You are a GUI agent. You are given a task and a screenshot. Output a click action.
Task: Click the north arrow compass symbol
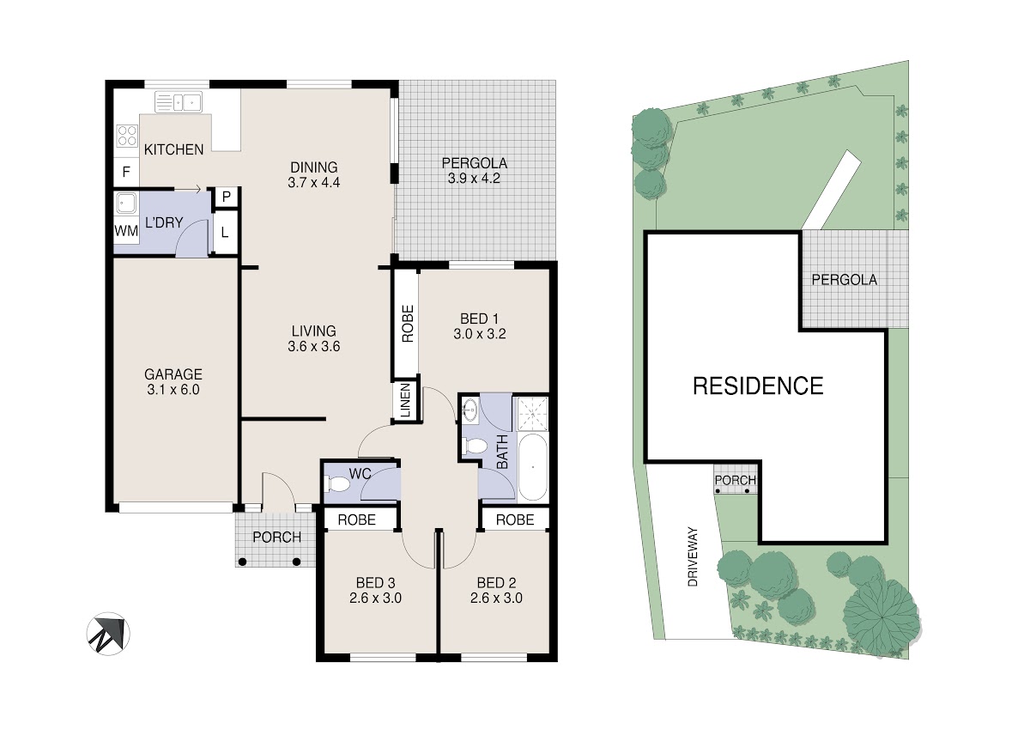(108, 634)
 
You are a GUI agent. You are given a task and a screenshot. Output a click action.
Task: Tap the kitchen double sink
(179, 101)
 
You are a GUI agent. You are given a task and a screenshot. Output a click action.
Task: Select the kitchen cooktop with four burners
(127, 137)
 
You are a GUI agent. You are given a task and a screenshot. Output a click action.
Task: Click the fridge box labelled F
(126, 172)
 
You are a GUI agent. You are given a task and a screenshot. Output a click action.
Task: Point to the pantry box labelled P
(227, 197)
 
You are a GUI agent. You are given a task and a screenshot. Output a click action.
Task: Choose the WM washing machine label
(126, 230)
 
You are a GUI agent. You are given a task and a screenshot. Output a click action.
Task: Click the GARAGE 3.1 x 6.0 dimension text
(173, 390)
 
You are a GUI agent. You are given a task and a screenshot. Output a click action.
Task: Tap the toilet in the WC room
(338, 484)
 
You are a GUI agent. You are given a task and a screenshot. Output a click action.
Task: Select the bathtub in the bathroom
(532, 467)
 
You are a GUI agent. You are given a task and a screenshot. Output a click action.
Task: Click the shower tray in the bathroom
(532, 414)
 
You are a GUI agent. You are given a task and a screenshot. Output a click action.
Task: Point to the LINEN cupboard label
(405, 401)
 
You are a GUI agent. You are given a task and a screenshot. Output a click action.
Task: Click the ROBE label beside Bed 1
(408, 324)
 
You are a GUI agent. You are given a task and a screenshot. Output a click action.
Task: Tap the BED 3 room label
(375, 583)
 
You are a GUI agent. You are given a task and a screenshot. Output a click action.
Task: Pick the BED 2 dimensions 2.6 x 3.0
(496, 598)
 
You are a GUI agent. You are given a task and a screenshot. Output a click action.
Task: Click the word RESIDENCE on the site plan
(758, 386)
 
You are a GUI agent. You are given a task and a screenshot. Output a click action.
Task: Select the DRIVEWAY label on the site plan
(693, 556)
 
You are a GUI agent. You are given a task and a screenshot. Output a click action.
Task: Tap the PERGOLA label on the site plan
(845, 280)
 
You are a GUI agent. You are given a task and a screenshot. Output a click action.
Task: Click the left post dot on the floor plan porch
(242, 562)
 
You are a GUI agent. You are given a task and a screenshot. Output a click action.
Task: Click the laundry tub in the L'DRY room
(126, 203)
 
